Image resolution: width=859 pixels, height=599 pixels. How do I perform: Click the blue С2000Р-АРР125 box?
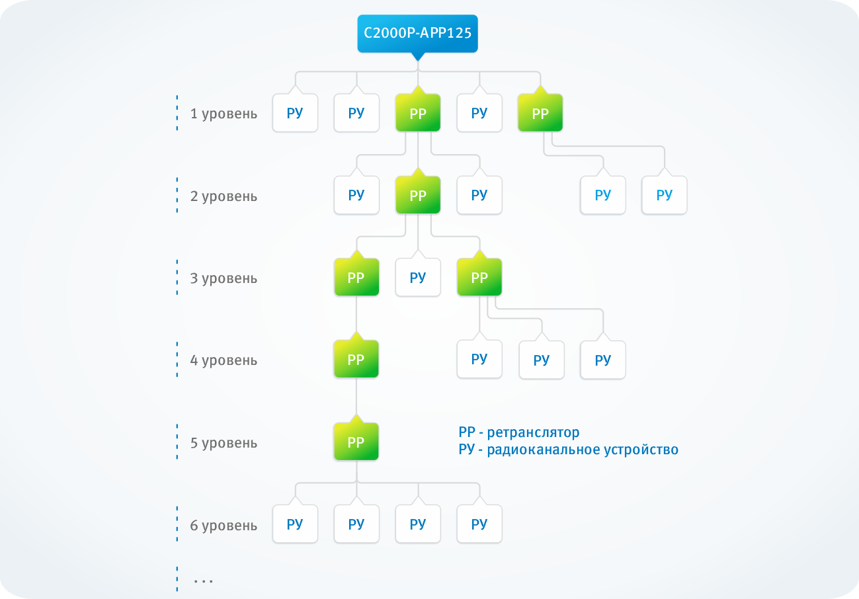417,33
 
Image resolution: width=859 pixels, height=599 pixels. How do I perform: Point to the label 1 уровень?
224,114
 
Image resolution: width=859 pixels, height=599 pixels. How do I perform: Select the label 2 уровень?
224,196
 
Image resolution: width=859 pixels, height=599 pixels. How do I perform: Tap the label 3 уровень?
224,278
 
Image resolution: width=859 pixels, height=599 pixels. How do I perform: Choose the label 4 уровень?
224,361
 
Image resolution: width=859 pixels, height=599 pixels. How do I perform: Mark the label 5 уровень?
224,443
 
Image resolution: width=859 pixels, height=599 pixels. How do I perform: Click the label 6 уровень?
224,526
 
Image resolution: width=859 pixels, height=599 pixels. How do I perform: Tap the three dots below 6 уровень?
204,580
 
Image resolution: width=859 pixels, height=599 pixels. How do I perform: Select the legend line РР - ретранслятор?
518,432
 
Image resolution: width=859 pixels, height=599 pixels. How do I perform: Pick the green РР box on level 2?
418,196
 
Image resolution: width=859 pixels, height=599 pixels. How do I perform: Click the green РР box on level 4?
356,360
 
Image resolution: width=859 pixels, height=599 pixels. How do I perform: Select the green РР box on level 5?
356,442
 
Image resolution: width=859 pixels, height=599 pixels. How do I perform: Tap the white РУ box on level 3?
418,278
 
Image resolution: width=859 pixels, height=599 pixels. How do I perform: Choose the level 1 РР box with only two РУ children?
540,113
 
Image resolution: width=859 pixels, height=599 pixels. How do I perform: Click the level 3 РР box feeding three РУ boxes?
479,278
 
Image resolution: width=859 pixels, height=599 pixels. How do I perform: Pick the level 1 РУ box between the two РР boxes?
479,113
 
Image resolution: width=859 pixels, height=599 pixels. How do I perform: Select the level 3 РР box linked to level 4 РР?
356,278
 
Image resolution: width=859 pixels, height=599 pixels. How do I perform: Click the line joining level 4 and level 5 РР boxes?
356,397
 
